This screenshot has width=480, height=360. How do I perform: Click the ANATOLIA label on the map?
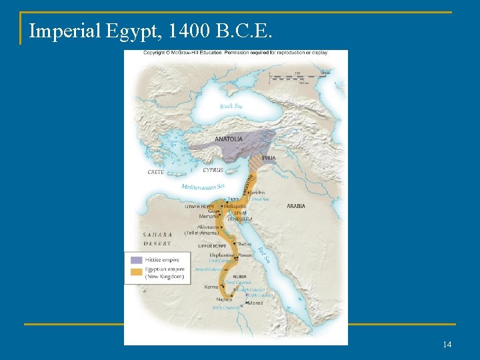point(229,139)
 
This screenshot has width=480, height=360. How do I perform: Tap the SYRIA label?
point(269,158)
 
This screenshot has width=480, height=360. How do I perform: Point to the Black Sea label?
point(231,106)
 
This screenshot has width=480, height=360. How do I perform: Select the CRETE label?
point(155,172)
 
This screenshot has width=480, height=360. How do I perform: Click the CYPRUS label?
point(213,170)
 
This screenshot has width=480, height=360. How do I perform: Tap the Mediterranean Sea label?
point(203,187)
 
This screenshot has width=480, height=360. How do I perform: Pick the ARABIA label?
point(296,206)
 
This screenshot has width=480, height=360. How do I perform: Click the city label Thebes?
point(245,245)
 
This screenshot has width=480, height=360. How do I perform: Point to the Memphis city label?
point(208,216)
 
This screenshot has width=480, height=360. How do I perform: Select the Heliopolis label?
point(235,206)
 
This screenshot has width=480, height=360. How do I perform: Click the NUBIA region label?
point(239,276)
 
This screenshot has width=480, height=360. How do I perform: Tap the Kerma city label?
point(211,287)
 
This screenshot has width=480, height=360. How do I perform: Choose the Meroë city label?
point(255,303)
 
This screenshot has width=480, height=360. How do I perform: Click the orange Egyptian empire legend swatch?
point(136,272)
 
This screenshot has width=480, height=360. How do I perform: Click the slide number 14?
point(447,344)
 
